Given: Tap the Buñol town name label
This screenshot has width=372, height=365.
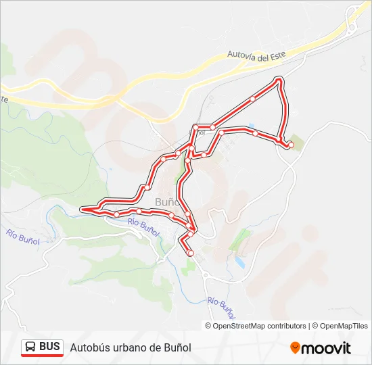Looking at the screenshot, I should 167,201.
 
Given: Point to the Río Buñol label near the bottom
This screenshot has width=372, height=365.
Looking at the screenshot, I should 223,308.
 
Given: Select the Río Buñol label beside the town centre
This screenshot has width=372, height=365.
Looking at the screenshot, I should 143,226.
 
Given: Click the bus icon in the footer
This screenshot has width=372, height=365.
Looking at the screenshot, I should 30,347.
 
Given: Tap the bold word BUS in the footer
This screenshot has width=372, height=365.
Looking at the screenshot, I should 49,347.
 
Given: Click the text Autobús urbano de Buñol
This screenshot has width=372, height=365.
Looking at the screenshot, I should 131,347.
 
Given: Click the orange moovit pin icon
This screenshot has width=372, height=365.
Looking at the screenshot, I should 295,347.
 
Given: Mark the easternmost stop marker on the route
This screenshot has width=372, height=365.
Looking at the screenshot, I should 291,145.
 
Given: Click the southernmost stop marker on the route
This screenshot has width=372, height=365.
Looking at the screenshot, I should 190,253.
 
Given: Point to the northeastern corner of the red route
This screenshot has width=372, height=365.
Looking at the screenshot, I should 280,81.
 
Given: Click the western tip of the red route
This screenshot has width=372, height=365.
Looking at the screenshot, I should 82,210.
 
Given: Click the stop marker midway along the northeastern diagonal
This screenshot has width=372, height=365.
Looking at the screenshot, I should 252,99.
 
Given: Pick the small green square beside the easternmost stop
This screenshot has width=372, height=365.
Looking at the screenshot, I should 297,139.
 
